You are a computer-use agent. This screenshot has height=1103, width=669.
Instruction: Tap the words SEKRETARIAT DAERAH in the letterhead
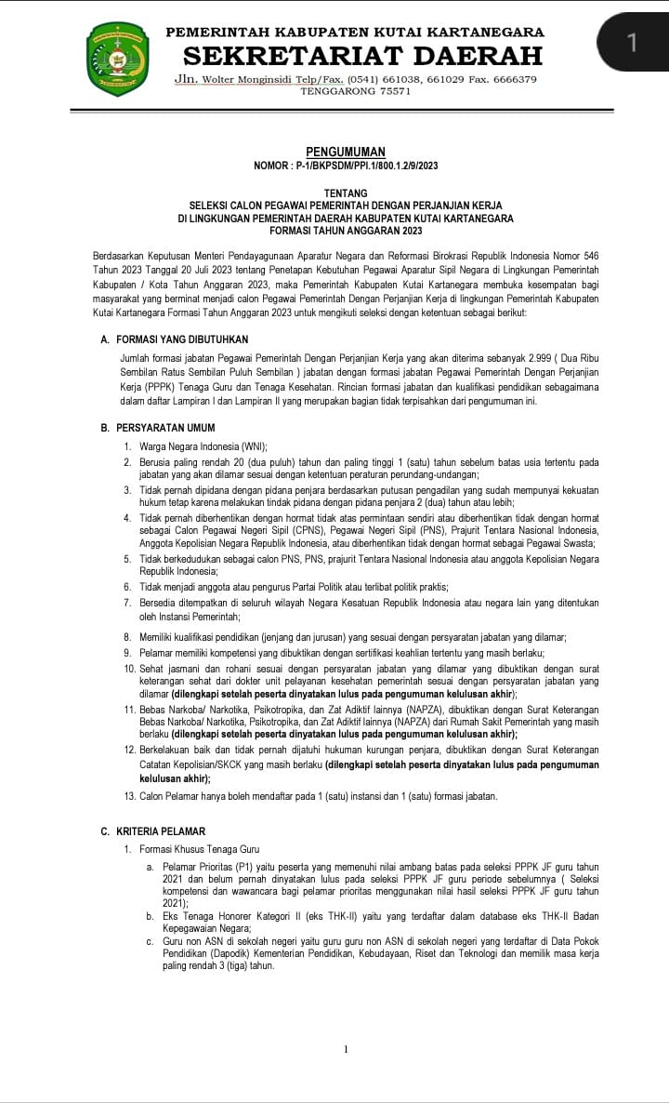355,55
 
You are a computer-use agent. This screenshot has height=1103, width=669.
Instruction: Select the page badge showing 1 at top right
633,42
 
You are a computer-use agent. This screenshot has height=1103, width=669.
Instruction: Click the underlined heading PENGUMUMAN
346,152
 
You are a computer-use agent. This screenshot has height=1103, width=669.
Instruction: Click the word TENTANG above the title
346,193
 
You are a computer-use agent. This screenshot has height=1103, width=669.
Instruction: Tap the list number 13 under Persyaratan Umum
130,796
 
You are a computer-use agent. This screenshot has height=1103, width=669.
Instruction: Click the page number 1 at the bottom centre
346,1050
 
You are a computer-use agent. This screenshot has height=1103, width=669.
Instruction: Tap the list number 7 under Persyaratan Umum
128,603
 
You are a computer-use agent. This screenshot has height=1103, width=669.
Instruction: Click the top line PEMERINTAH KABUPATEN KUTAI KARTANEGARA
355,33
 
